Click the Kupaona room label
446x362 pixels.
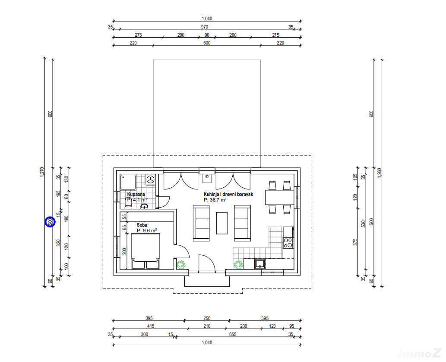pos(136,194)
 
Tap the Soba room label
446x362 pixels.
pos(142,225)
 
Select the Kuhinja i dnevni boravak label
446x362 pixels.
pos(228,194)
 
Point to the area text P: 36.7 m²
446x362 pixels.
pos(215,200)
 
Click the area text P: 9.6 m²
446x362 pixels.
pos(147,231)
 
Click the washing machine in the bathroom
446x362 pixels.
pos(151,179)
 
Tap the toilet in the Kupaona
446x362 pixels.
pos(129,203)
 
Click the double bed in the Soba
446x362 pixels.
pos(146,251)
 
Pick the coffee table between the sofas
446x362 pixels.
pos(222,223)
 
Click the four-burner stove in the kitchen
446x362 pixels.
pos(288,243)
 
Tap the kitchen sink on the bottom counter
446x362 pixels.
pos(259,264)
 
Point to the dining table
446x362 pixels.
pos(280,197)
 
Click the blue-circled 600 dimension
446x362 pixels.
pos(50,222)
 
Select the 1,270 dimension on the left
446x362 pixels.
pos(42,172)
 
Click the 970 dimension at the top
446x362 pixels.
pos(205,27)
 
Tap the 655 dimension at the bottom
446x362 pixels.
pos(233,334)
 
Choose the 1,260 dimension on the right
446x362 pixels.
pos(379,173)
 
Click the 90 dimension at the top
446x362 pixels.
pos(207,35)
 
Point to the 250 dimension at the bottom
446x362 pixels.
pos(207,318)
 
